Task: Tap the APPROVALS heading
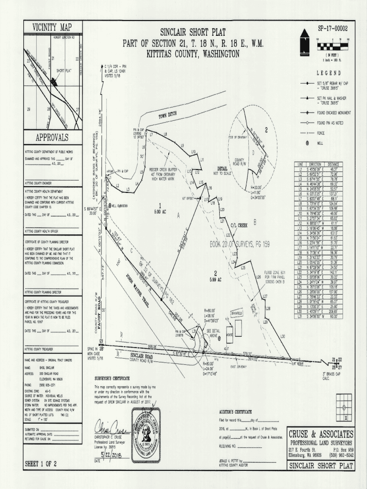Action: pos(52,138)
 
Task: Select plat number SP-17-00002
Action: pos(329,29)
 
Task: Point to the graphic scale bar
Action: pos(332,47)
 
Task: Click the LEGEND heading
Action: pos(329,73)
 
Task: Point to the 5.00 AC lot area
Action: pos(158,208)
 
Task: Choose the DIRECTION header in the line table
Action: pos(316,164)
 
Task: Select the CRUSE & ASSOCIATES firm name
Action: pos(321,434)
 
